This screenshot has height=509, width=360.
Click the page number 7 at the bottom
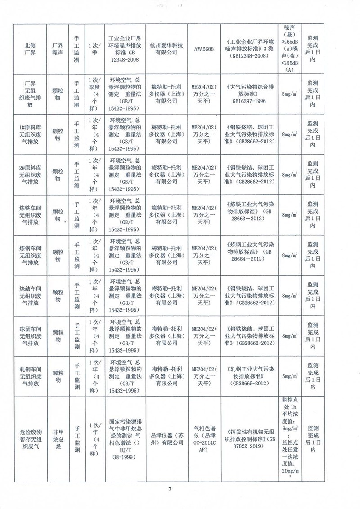tap(170, 489)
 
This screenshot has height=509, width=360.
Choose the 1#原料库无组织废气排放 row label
tap(32, 134)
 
